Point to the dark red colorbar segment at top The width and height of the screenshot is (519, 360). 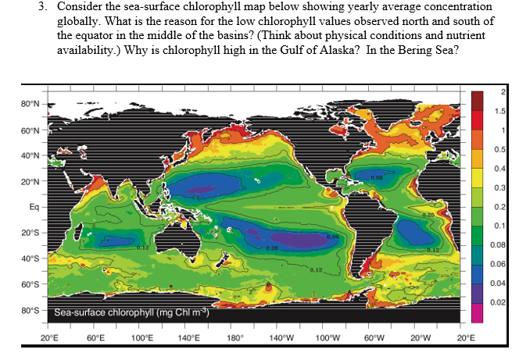pyautogui.click(x=478, y=101)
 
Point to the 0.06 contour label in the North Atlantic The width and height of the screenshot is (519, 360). pyautogui.click(x=378, y=177)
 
